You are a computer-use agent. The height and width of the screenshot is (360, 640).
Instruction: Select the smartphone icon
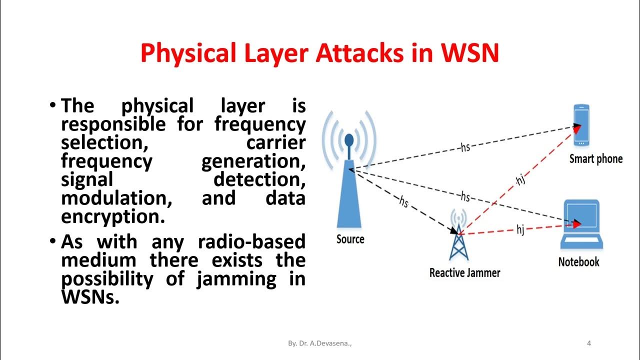(581, 125)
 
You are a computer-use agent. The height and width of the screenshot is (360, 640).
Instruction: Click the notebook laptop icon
(580, 225)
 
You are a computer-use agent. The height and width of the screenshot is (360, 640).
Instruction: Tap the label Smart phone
(596, 159)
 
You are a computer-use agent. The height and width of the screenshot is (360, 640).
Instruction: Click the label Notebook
(578, 261)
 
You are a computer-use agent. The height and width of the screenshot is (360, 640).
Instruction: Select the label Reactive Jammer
(464, 272)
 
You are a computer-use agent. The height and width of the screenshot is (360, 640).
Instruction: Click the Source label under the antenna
(350, 239)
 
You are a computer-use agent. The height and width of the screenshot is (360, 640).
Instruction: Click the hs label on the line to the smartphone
(465, 147)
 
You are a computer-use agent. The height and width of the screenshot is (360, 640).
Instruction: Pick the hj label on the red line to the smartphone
(520, 179)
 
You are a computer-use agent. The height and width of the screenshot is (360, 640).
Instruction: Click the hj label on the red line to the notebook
(520, 230)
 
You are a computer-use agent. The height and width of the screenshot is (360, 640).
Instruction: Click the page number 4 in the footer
(589, 343)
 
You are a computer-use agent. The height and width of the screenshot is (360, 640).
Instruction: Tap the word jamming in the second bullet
(236, 278)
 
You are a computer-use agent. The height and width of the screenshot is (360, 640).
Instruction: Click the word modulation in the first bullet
(116, 198)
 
